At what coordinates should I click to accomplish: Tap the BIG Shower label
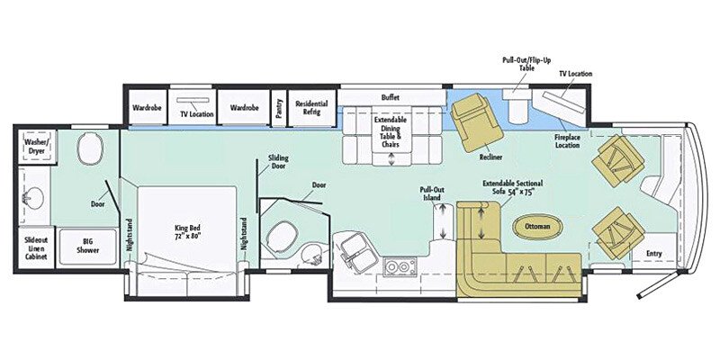[87, 246]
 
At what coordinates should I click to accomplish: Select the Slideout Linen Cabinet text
[36, 248]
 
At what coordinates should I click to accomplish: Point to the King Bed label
[185, 231]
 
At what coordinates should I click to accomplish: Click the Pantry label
[278, 108]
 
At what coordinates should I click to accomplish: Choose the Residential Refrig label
[311, 108]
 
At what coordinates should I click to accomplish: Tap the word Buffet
[391, 96]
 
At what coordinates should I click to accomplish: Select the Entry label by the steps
[654, 254]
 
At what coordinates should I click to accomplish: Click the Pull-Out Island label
[432, 194]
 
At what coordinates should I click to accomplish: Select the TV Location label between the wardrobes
[195, 115]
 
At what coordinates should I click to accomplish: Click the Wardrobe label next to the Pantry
[244, 108]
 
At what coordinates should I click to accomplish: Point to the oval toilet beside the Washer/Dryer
[89, 149]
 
